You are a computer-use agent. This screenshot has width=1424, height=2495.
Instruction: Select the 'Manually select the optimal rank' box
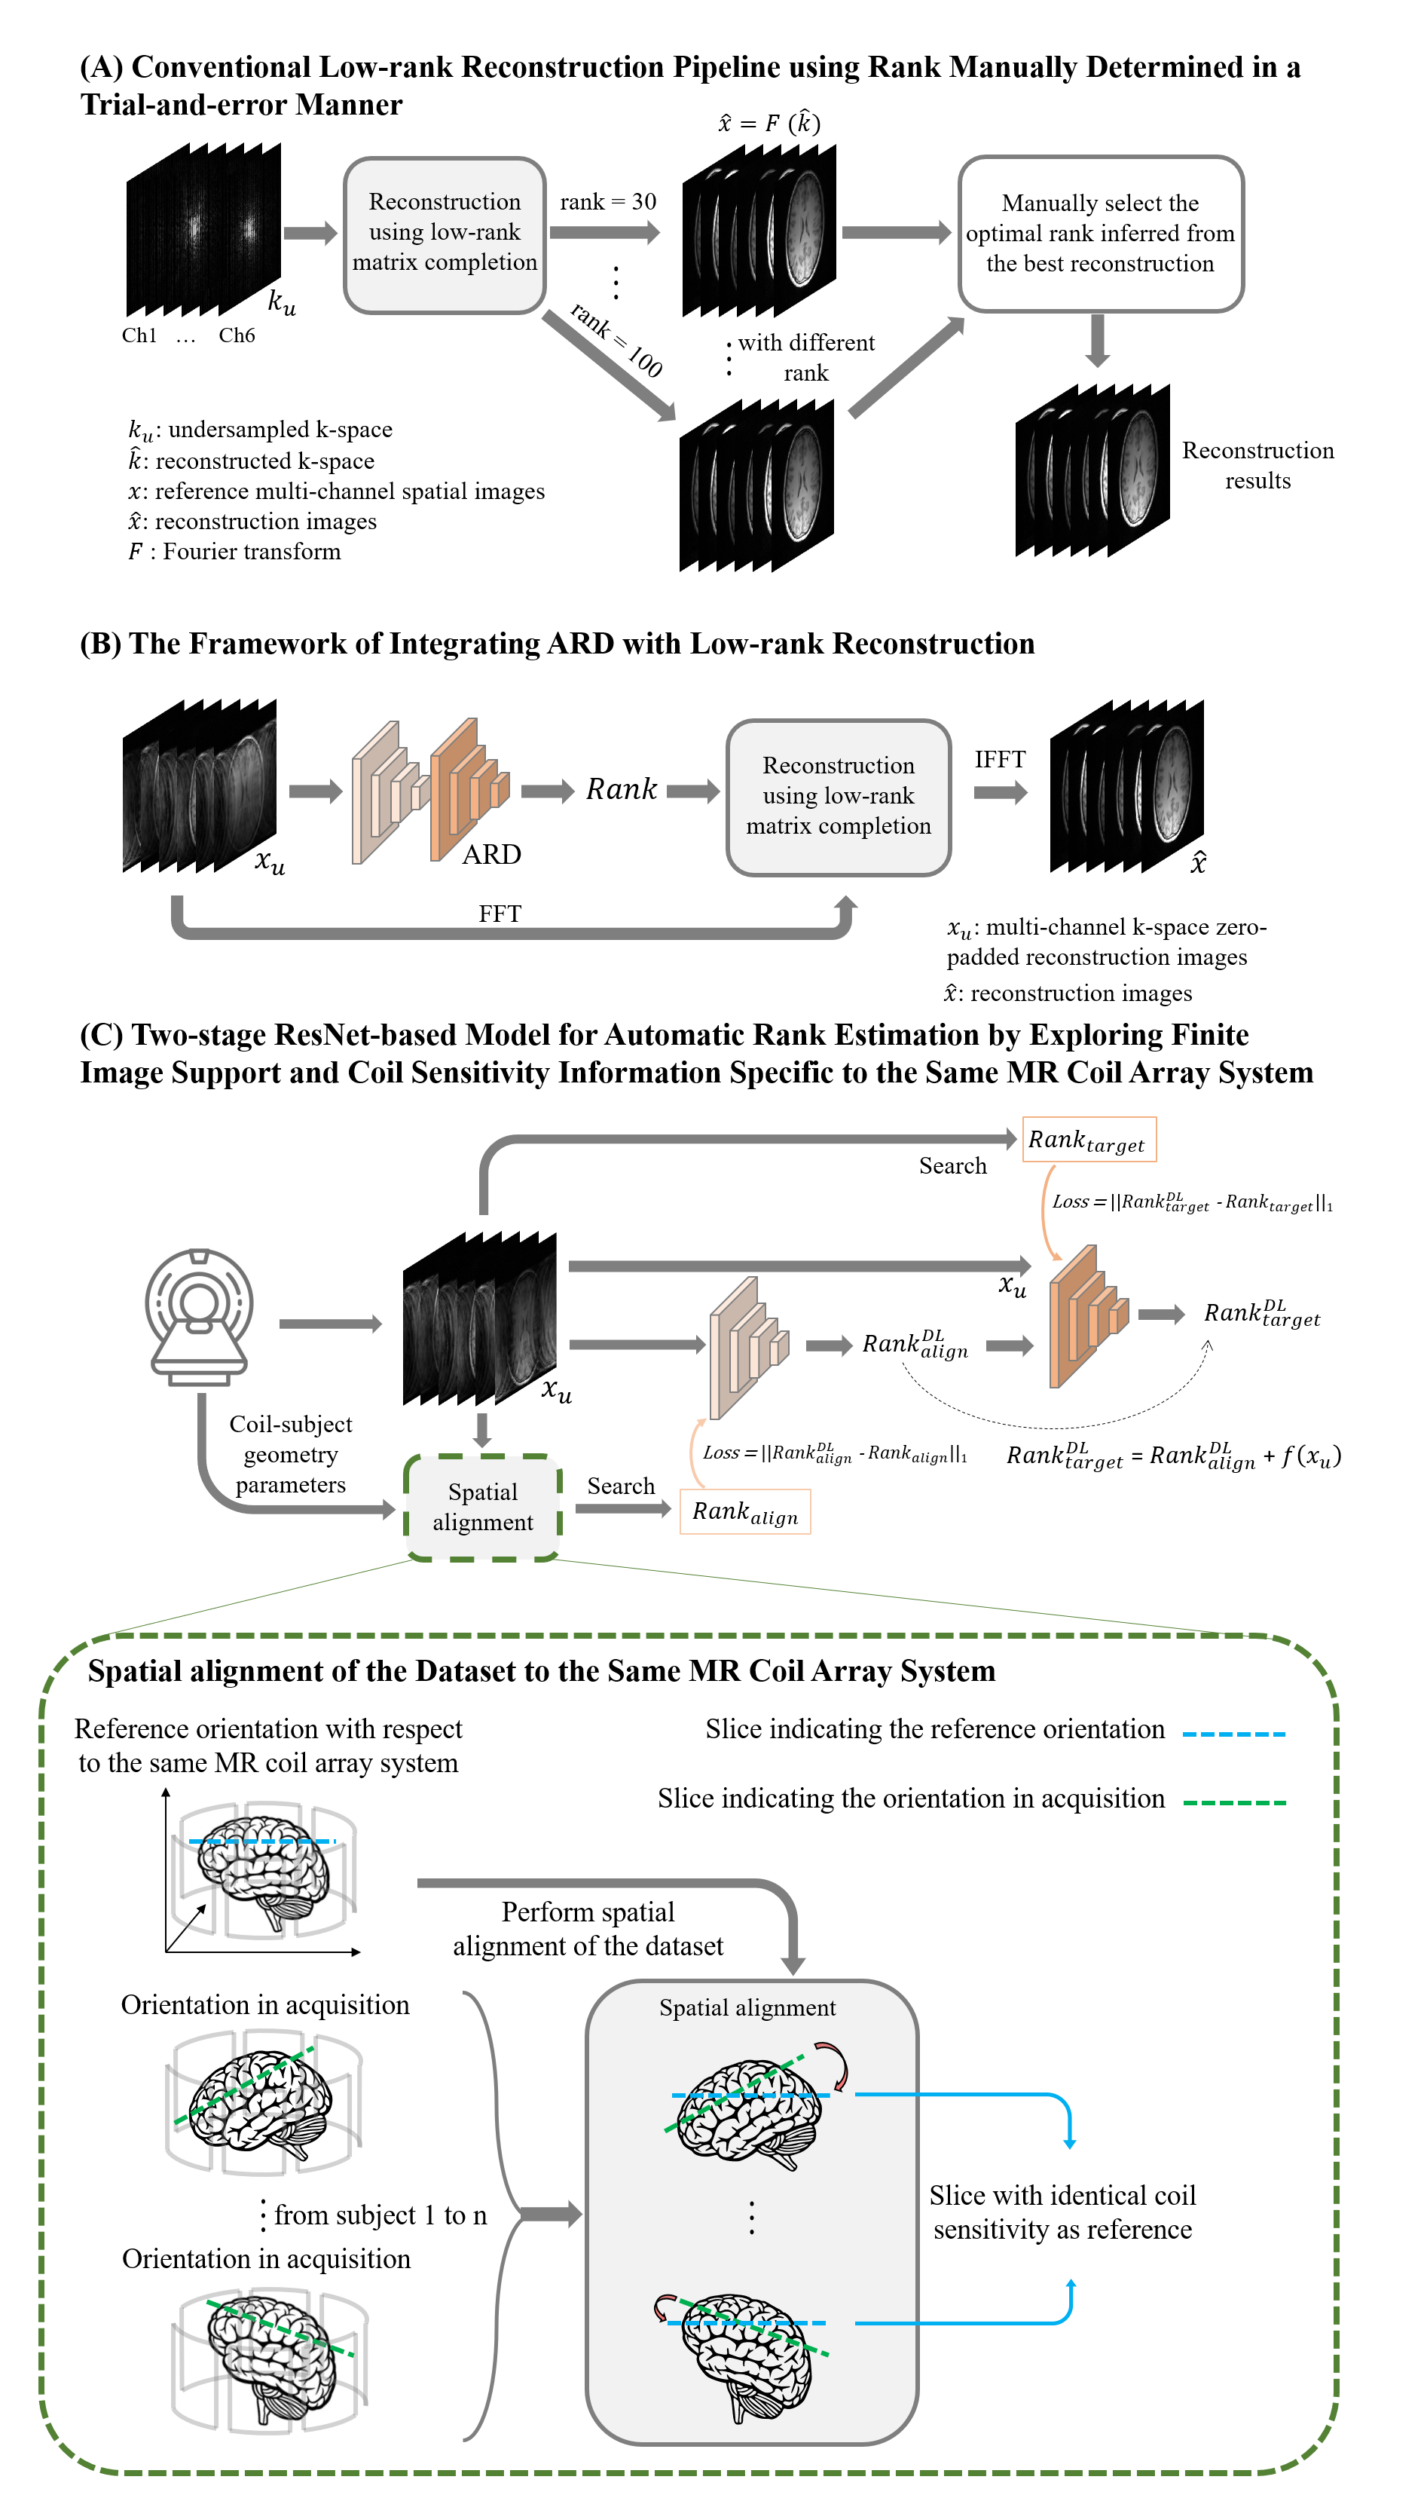tap(1100, 234)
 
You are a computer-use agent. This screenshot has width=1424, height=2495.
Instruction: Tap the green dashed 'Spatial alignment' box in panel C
tap(482, 1507)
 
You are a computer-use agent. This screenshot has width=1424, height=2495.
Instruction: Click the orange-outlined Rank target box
tap(1089, 1140)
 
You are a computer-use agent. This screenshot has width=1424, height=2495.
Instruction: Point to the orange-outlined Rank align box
tap(745, 1511)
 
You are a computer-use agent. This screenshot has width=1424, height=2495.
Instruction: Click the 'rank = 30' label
tap(607, 201)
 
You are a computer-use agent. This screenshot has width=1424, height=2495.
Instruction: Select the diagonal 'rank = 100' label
tap(617, 339)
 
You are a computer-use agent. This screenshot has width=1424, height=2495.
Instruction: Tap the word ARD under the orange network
tap(491, 854)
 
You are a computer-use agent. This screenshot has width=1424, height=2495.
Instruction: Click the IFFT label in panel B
tap(1000, 759)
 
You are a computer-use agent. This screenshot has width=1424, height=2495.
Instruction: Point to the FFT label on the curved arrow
tap(500, 913)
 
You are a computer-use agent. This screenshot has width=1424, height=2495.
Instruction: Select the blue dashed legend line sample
tap(1233, 1734)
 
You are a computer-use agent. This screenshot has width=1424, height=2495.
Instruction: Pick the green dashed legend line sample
tap(1233, 1802)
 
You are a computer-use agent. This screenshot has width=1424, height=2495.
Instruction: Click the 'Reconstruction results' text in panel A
tap(1257, 465)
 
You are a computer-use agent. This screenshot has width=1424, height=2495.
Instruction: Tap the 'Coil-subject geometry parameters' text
tap(291, 1454)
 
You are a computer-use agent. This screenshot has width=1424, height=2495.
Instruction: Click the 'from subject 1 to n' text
tap(380, 2214)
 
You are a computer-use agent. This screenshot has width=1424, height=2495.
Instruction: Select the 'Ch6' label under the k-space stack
tap(237, 335)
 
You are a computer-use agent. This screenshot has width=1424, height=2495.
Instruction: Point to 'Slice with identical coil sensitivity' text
tap(1062, 2212)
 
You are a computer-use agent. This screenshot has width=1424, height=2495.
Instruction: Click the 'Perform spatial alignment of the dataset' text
tap(588, 1928)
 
